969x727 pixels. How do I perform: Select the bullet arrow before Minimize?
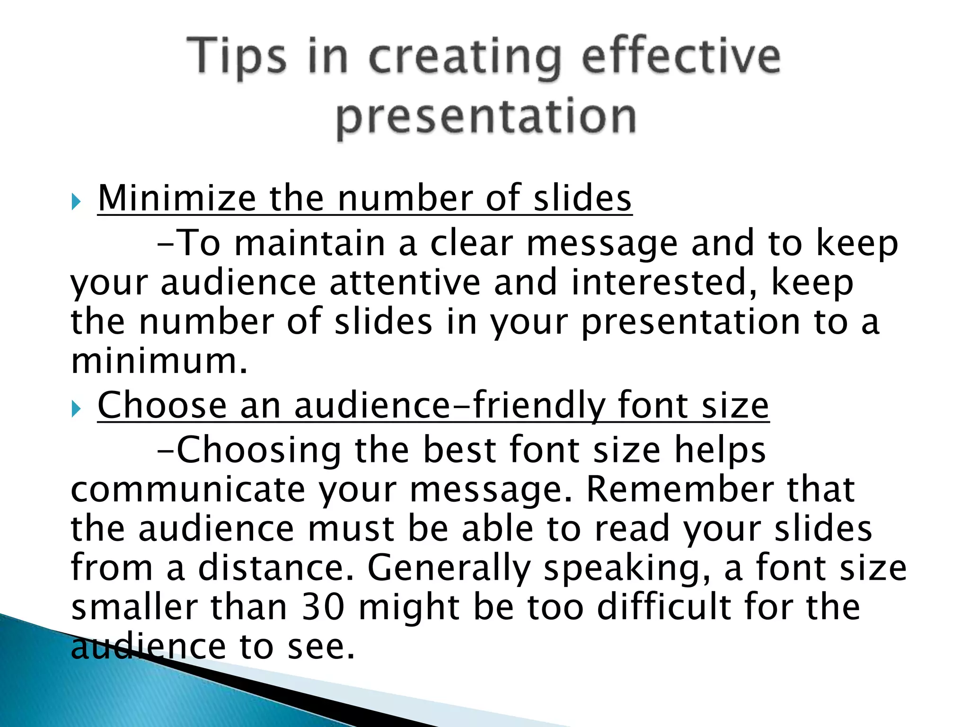pos(76,202)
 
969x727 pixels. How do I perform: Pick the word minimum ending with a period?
pos(159,361)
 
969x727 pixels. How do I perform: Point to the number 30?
pos(323,607)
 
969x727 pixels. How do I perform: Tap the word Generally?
pos(449,568)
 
